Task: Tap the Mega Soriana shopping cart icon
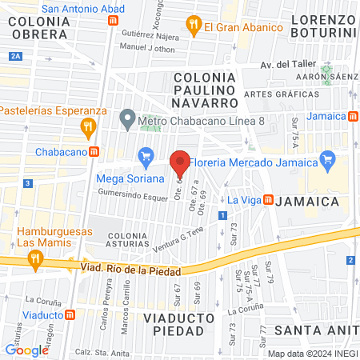146,156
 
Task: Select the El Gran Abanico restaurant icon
193,26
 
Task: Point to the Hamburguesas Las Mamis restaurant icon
34,258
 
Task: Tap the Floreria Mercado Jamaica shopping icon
326,161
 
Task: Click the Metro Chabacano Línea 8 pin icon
126,121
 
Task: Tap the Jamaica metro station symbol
353,116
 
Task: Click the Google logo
27,350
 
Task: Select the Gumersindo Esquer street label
132,193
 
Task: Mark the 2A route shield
16,56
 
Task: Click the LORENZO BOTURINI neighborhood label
322,25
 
